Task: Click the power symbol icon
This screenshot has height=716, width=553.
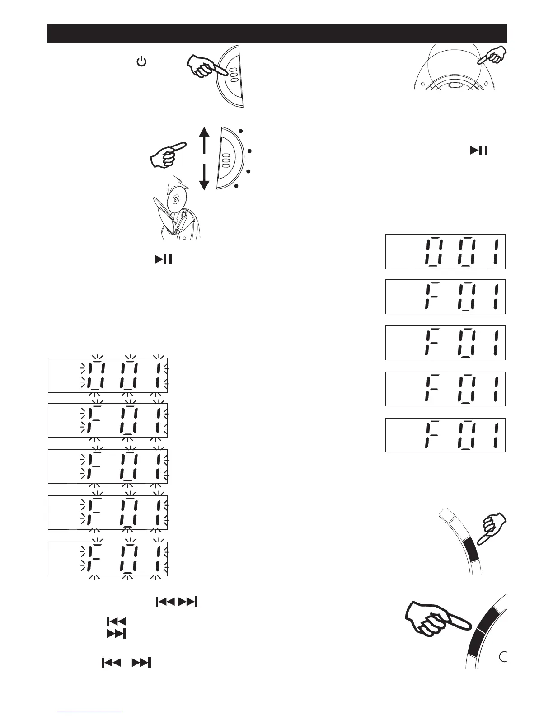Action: pyautogui.click(x=141, y=62)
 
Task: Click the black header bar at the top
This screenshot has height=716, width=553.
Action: pyautogui.click(x=276, y=33)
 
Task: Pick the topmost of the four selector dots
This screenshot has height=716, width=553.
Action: pyautogui.click(x=241, y=131)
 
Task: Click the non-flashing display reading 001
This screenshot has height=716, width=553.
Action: pyautogui.click(x=445, y=252)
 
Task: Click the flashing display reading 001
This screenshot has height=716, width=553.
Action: pyautogui.click(x=108, y=376)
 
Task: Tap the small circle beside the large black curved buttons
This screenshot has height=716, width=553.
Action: pyautogui.click(x=503, y=656)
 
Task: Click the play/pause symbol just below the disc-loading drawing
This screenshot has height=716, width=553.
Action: pyautogui.click(x=164, y=259)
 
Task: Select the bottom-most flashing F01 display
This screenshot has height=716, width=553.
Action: pyautogui.click(x=108, y=559)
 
